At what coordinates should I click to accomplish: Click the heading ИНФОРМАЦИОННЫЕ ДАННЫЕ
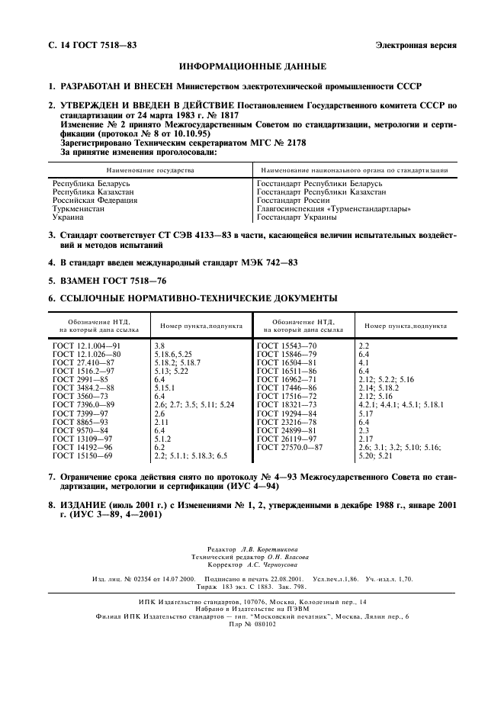(252, 66)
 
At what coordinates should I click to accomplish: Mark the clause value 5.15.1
(167, 388)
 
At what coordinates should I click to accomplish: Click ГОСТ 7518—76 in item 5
(131, 280)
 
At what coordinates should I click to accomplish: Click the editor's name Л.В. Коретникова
(268, 548)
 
